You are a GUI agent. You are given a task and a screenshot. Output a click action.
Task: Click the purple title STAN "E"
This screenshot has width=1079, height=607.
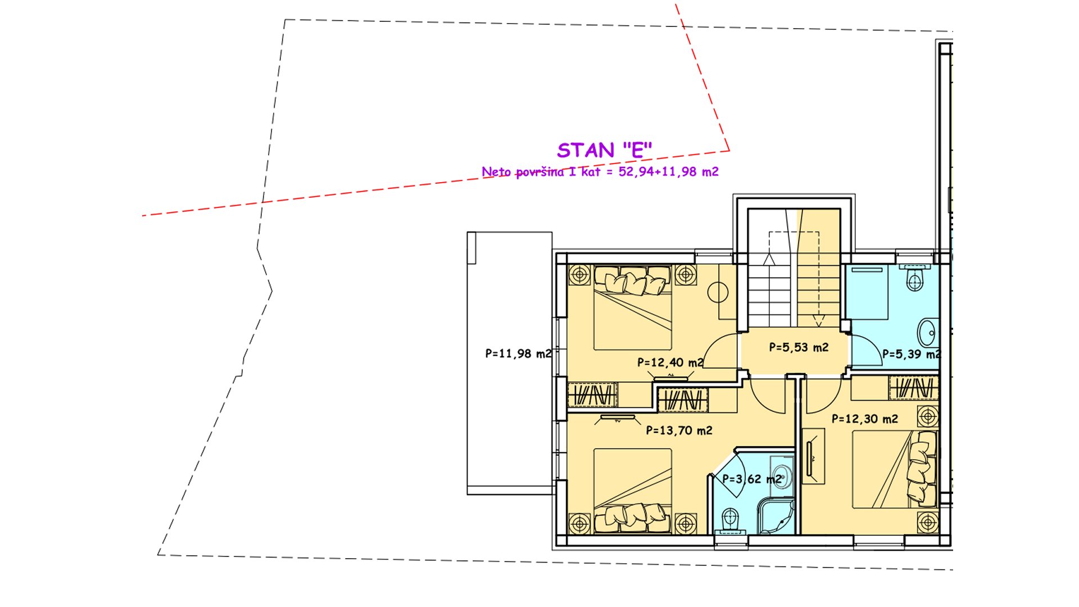(x=604, y=150)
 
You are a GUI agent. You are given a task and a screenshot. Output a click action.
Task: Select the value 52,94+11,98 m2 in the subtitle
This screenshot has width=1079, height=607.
(x=668, y=172)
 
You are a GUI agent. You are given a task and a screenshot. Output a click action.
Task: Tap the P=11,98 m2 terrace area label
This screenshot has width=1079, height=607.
(x=518, y=354)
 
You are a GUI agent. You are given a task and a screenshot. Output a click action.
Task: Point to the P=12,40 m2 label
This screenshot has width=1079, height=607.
(x=670, y=363)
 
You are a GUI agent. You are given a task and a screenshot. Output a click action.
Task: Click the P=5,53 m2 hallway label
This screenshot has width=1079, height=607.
(x=799, y=347)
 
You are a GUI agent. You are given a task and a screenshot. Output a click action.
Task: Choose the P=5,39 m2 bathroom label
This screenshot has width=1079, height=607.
(x=911, y=354)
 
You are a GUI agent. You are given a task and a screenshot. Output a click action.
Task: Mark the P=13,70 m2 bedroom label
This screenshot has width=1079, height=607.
(x=679, y=431)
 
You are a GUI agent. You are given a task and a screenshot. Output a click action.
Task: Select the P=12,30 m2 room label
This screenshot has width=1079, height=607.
(x=865, y=419)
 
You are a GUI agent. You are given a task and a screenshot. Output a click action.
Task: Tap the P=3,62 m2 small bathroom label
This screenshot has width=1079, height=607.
(x=752, y=479)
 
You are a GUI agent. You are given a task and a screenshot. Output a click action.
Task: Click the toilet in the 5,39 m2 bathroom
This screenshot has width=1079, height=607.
(x=914, y=278)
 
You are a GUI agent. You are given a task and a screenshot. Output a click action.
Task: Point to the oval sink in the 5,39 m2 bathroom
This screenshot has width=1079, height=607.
(x=926, y=333)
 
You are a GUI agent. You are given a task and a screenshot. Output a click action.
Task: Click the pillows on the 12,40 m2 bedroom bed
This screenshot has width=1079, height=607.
(x=633, y=280)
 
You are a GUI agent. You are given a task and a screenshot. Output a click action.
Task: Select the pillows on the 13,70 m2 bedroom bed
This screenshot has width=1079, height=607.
(x=633, y=518)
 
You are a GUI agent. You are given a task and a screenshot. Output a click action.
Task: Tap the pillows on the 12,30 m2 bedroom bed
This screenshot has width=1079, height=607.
(x=922, y=466)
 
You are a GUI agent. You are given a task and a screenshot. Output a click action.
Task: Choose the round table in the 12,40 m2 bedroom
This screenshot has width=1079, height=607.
(x=718, y=292)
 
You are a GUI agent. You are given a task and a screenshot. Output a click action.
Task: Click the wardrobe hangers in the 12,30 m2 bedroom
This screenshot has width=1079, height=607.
(x=914, y=388)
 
